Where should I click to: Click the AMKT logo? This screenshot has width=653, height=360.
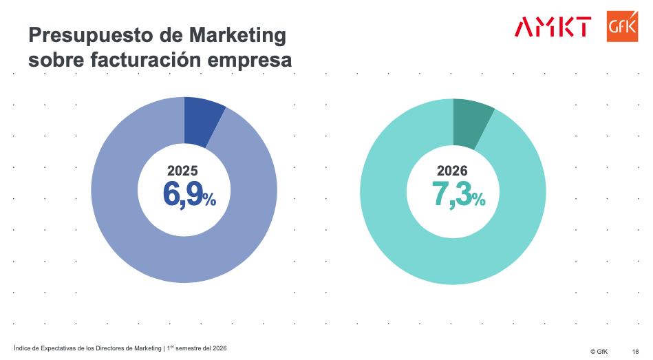[x=553, y=28]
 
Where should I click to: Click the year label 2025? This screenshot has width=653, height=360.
[x=182, y=171]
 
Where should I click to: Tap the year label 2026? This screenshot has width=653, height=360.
[x=452, y=171]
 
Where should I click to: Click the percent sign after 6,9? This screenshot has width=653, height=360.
[x=210, y=200]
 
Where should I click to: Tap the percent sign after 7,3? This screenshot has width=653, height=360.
[x=479, y=200]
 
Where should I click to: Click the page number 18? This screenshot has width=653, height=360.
[x=635, y=351]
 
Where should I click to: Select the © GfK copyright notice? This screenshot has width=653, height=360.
[x=598, y=351]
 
